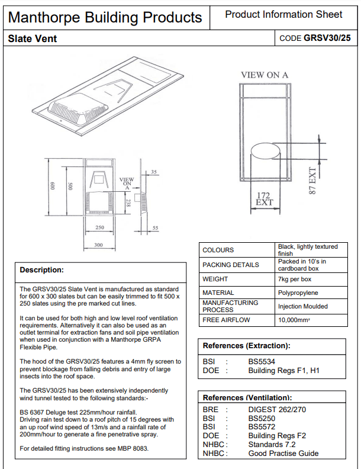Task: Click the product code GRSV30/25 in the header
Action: [x=327, y=38]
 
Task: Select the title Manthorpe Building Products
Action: [x=105, y=18]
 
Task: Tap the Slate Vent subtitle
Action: [x=33, y=38]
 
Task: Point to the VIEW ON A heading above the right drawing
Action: [x=265, y=75]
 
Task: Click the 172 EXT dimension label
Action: [x=264, y=199]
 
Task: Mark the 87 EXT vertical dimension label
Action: [x=312, y=181]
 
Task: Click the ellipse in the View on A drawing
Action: [x=265, y=151]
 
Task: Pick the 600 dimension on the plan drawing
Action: [x=53, y=186]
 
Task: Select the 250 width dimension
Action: [x=100, y=227]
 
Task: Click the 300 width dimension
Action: [x=98, y=245]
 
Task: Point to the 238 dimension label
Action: [x=128, y=203]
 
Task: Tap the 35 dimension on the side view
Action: [x=154, y=172]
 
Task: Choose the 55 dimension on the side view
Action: [x=155, y=228]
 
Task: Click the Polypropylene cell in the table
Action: [x=298, y=293]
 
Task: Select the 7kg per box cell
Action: [x=295, y=279]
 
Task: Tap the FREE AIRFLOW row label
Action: [x=226, y=320]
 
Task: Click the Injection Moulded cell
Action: [x=303, y=306]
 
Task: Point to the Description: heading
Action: [x=42, y=270]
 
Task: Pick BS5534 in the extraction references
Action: [x=262, y=362]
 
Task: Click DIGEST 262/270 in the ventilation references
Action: [x=277, y=409]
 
